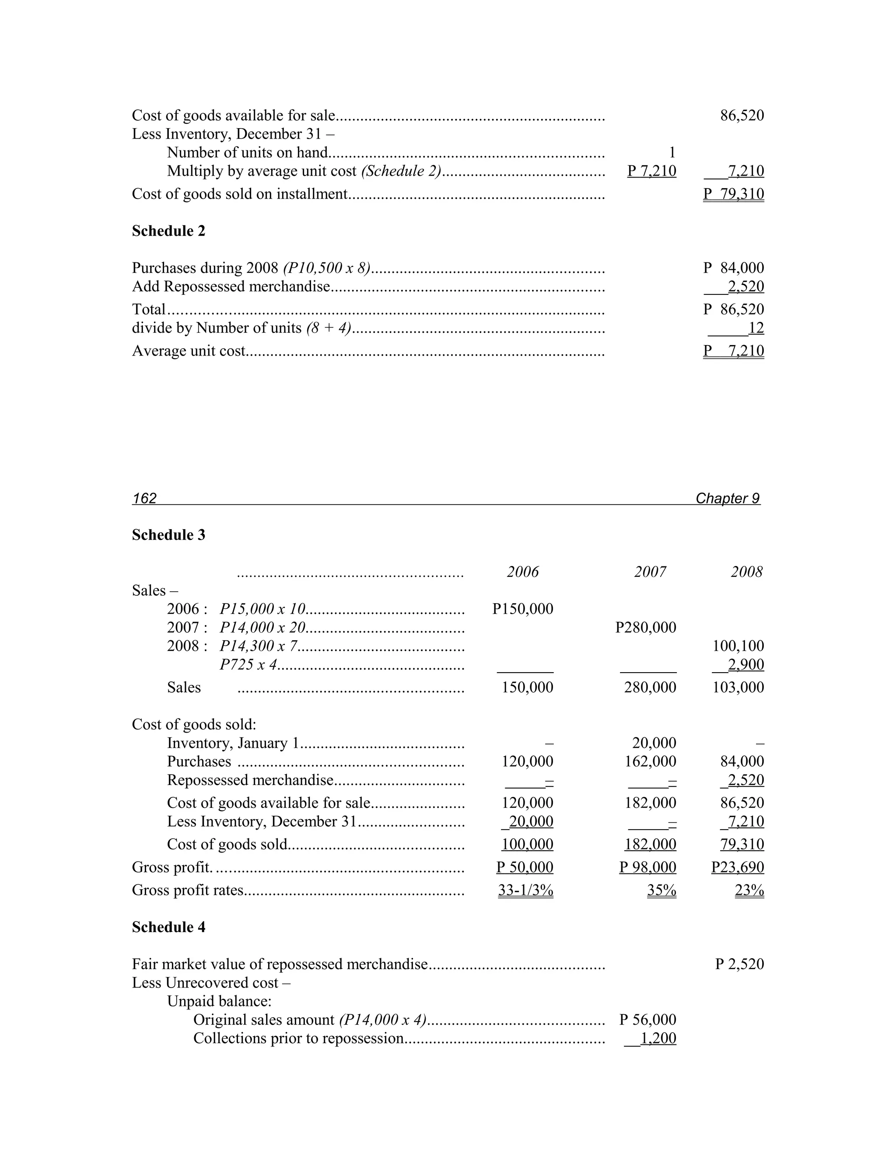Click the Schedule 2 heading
point(168,231)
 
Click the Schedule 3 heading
point(168,535)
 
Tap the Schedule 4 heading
point(168,927)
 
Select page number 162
point(144,498)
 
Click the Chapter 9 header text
point(727,498)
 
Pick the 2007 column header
point(650,572)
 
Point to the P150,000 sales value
point(522,609)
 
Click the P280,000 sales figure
point(645,627)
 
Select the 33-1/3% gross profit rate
point(525,890)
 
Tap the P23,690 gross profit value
point(737,867)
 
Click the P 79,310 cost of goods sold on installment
point(734,194)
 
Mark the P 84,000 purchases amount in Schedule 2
point(734,268)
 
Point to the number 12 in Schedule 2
point(756,328)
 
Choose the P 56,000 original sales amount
point(647,1019)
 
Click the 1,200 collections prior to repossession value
point(658,1038)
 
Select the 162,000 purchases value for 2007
point(650,761)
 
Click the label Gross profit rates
point(187,890)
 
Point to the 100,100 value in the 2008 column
point(738,646)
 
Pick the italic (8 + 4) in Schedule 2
point(329,328)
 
